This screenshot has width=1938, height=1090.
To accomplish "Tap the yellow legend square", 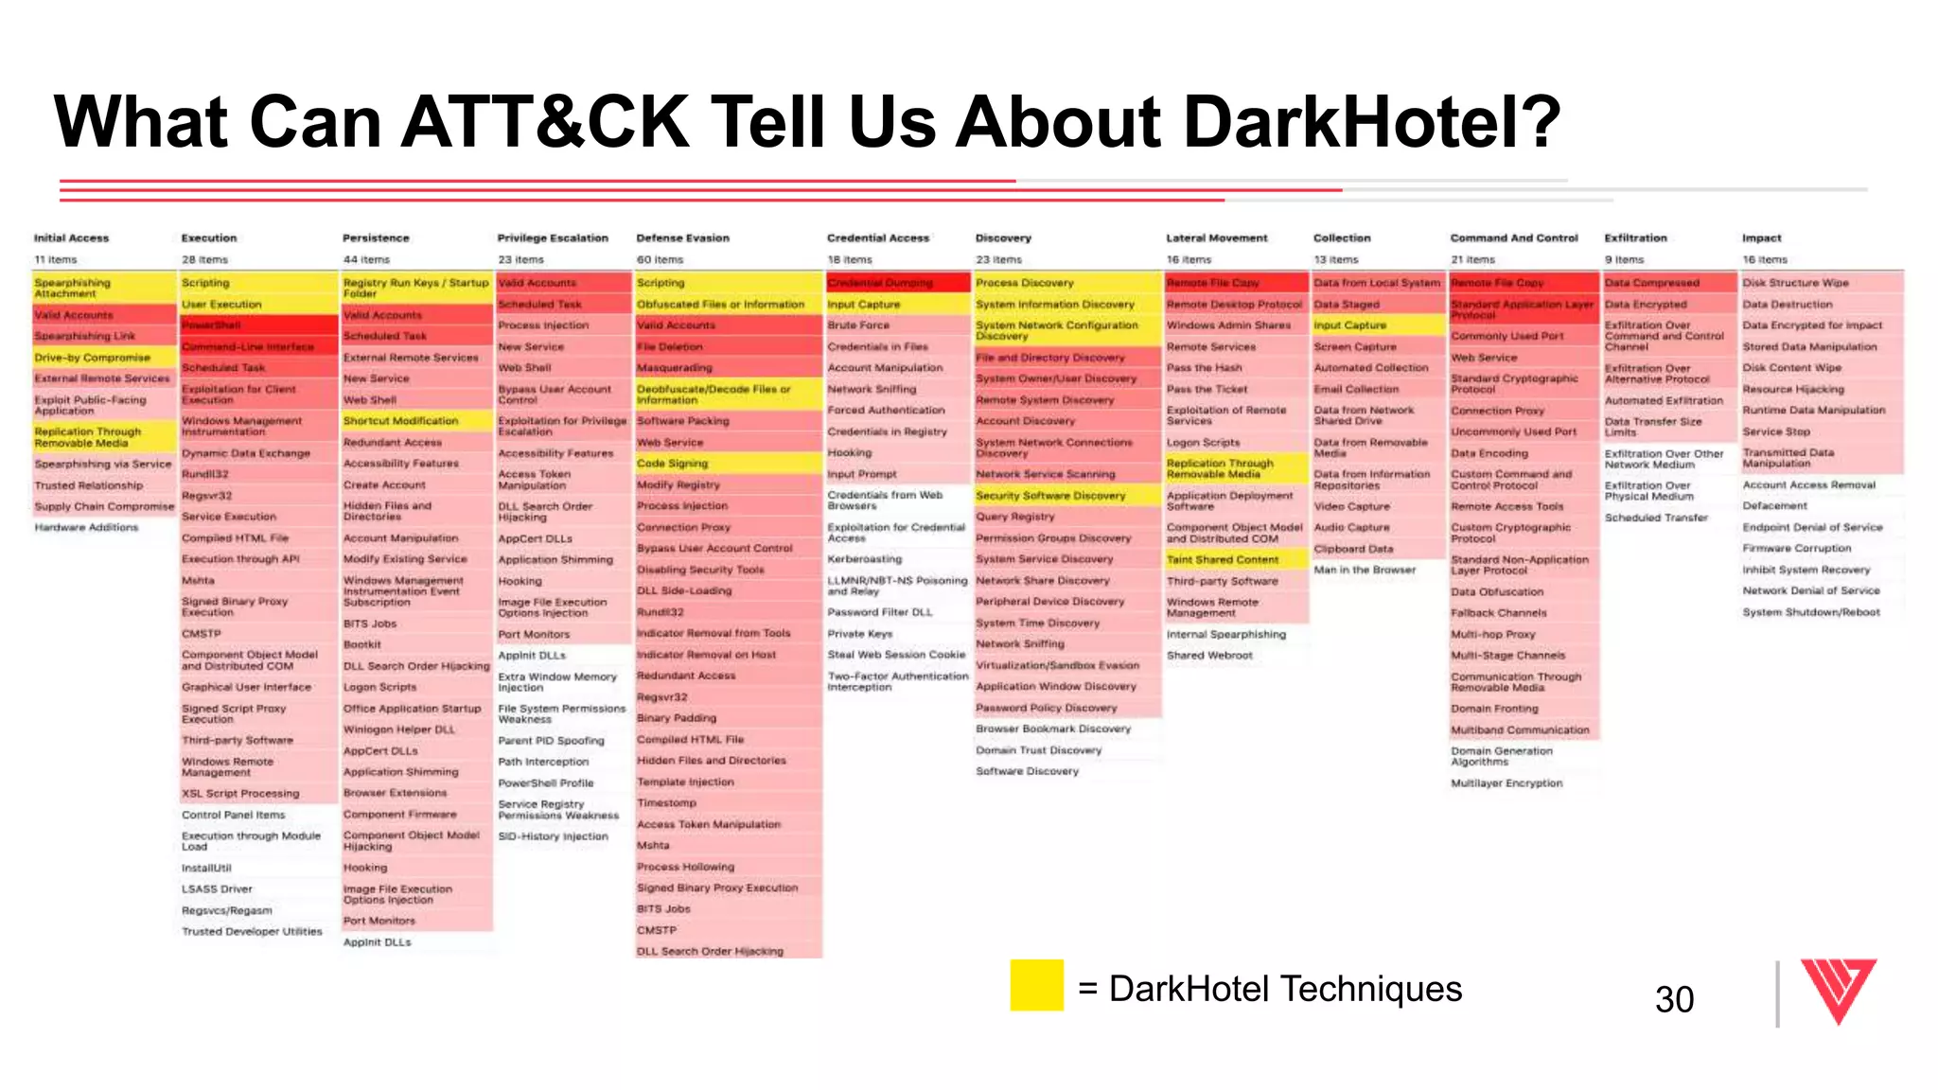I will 1036,985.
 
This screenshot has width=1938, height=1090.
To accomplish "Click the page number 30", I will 1674,999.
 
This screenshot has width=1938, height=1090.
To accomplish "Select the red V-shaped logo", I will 1838,991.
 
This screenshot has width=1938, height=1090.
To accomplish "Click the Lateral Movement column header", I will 1216,238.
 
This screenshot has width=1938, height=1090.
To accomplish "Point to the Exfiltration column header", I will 1635,238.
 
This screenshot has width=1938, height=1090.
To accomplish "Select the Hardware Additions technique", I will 86,527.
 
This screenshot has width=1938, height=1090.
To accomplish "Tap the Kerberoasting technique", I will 864,559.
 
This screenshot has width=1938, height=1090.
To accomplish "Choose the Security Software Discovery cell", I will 1050,495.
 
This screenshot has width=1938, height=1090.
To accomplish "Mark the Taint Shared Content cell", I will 1222,559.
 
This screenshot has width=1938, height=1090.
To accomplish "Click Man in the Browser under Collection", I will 1365,570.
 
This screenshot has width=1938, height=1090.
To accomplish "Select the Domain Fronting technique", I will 1494,709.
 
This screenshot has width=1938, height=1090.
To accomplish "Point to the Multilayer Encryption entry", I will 1506,783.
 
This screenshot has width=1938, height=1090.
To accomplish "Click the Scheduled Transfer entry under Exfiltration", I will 1656,518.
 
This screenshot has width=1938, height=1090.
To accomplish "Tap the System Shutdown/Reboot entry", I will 1811,612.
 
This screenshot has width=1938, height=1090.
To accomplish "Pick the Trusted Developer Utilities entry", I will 252,931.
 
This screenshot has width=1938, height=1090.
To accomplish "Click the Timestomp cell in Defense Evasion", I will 666,802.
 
